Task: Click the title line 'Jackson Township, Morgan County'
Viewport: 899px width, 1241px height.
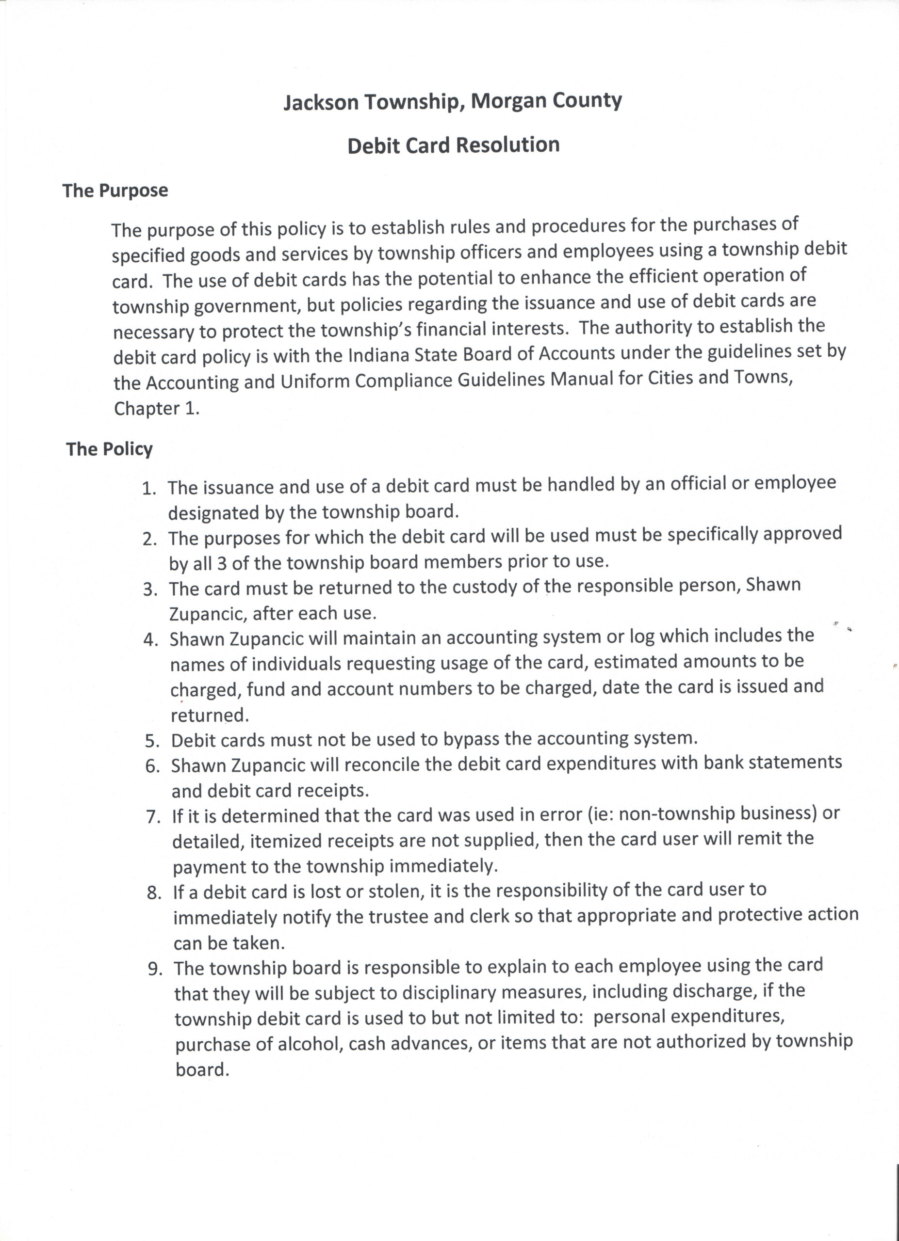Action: (x=452, y=102)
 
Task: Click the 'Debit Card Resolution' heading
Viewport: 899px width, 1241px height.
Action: (x=453, y=145)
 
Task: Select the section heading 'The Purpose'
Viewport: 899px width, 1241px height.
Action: (x=115, y=191)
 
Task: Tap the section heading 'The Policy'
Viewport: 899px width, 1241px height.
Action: (x=110, y=449)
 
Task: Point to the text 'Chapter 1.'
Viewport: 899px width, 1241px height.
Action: (x=157, y=409)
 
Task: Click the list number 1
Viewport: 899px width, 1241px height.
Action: (x=148, y=488)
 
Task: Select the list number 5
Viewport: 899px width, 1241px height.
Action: (x=151, y=741)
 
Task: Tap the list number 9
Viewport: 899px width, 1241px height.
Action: (x=155, y=969)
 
